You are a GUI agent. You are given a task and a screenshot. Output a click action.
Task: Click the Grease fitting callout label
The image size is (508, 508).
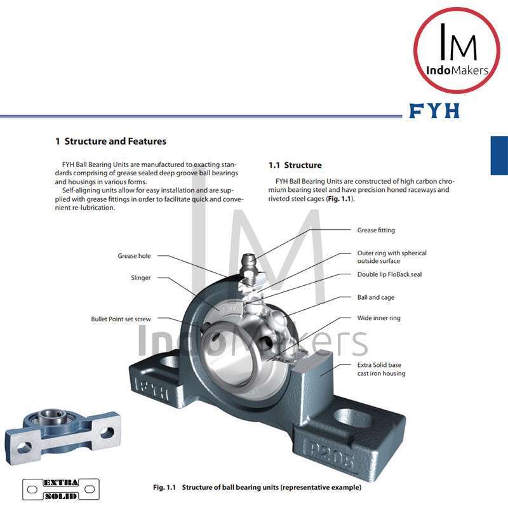pos(376,231)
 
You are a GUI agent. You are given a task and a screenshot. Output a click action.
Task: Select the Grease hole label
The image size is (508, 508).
pos(134,256)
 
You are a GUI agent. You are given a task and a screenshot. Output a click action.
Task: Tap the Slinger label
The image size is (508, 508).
pos(140,277)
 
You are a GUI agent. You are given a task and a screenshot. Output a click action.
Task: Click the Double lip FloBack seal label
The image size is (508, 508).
pos(389,275)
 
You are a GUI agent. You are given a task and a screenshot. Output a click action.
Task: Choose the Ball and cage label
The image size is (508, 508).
pos(376,297)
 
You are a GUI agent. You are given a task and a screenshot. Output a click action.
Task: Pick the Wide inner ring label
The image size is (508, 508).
pos(378,318)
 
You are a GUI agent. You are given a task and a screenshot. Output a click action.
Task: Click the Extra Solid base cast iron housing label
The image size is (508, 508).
pos(381,370)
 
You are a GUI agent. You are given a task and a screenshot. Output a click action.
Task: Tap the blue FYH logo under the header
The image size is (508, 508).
pos(434,111)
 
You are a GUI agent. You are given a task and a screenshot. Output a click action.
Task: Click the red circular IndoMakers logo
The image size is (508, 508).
pos(457,50)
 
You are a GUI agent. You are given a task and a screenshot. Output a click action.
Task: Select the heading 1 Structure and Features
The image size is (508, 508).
pos(110,141)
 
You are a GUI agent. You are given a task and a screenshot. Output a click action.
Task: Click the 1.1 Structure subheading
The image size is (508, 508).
pos(295,165)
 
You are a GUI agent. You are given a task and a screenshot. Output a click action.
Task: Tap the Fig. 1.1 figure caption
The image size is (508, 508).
pos(257,488)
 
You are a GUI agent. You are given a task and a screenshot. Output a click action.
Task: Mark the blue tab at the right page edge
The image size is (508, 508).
pos(499,156)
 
